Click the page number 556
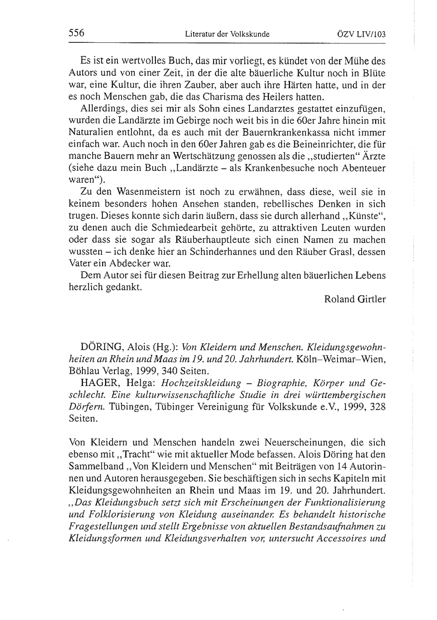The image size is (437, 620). pos(77,33)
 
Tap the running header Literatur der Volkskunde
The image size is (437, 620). pos(227,34)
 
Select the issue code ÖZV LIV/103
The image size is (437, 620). pos(361,34)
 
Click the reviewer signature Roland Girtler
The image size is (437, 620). pos(355,299)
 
